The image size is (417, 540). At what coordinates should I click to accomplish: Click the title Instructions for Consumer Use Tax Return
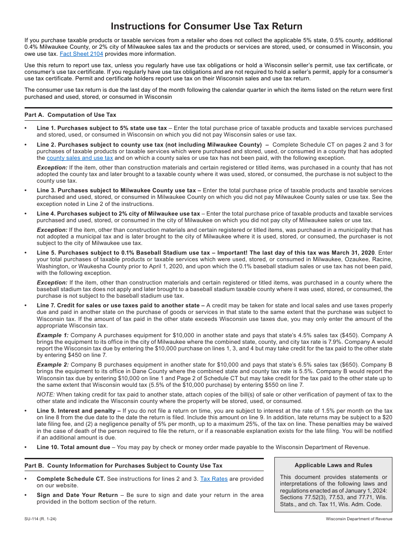206,26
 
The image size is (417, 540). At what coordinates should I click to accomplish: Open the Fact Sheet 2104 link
81,54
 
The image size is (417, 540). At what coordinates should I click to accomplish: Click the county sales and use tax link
80,158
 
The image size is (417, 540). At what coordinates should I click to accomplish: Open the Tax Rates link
214,479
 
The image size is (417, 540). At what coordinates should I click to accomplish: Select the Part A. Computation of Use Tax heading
70,115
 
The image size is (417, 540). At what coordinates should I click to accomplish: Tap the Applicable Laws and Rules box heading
333,465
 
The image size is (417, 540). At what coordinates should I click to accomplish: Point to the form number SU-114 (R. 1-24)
40,519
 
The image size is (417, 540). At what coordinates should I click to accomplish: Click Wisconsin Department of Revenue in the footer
359,519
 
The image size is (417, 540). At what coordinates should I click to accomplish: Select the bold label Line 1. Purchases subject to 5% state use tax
102,128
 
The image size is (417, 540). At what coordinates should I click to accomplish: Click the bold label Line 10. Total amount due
73,448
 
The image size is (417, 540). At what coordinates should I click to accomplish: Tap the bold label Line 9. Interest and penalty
79,411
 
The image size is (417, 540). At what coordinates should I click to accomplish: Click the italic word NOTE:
46,395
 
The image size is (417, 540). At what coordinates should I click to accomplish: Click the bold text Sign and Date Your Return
77,495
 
